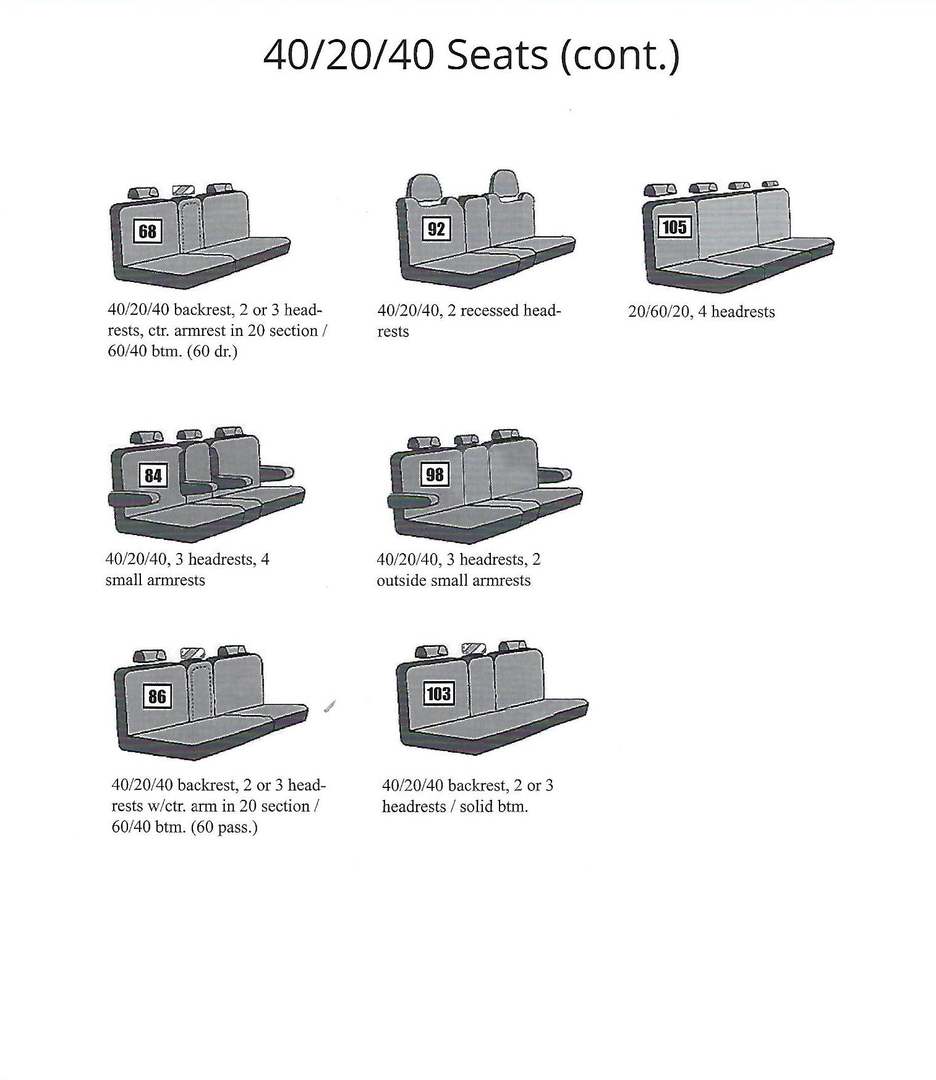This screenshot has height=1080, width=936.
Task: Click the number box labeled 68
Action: coord(148,231)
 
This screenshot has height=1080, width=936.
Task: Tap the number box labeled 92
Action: coord(436,229)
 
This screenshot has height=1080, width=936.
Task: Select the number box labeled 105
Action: coord(674,228)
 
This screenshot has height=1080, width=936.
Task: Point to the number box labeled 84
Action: coord(153,475)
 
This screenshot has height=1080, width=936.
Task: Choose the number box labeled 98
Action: coord(435,474)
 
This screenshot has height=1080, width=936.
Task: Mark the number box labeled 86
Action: coord(157,696)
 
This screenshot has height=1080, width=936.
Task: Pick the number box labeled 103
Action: coord(438,693)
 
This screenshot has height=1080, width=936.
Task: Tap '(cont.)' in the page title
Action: coord(619,56)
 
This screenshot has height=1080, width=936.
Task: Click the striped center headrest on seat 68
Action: coord(184,189)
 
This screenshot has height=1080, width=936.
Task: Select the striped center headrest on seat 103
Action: coord(474,649)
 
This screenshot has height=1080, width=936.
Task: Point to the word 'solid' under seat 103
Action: coord(476,807)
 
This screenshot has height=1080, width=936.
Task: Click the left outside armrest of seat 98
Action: coord(412,500)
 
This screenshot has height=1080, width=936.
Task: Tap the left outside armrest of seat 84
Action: coord(134,499)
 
